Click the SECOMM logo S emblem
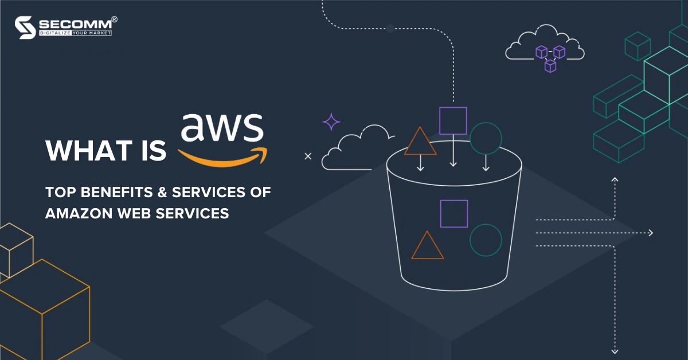pyautogui.click(x=25, y=28)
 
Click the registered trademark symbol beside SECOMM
pyautogui.click(x=114, y=19)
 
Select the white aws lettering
pyautogui.click(x=222, y=127)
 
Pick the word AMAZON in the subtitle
pyautogui.click(x=79, y=213)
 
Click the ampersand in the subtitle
pyautogui.click(x=162, y=192)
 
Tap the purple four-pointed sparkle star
pyautogui.click(x=331, y=122)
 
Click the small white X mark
pyautogui.click(x=308, y=156)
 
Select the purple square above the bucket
pyautogui.click(x=453, y=121)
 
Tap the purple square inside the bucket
pyautogui.click(x=454, y=214)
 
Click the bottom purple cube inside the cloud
pyautogui.click(x=550, y=66)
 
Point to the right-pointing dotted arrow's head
pyautogui.click(x=651, y=233)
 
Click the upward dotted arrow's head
pyautogui.click(x=615, y=179)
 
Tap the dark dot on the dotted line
pyautogui.click(x=390, y=29)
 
